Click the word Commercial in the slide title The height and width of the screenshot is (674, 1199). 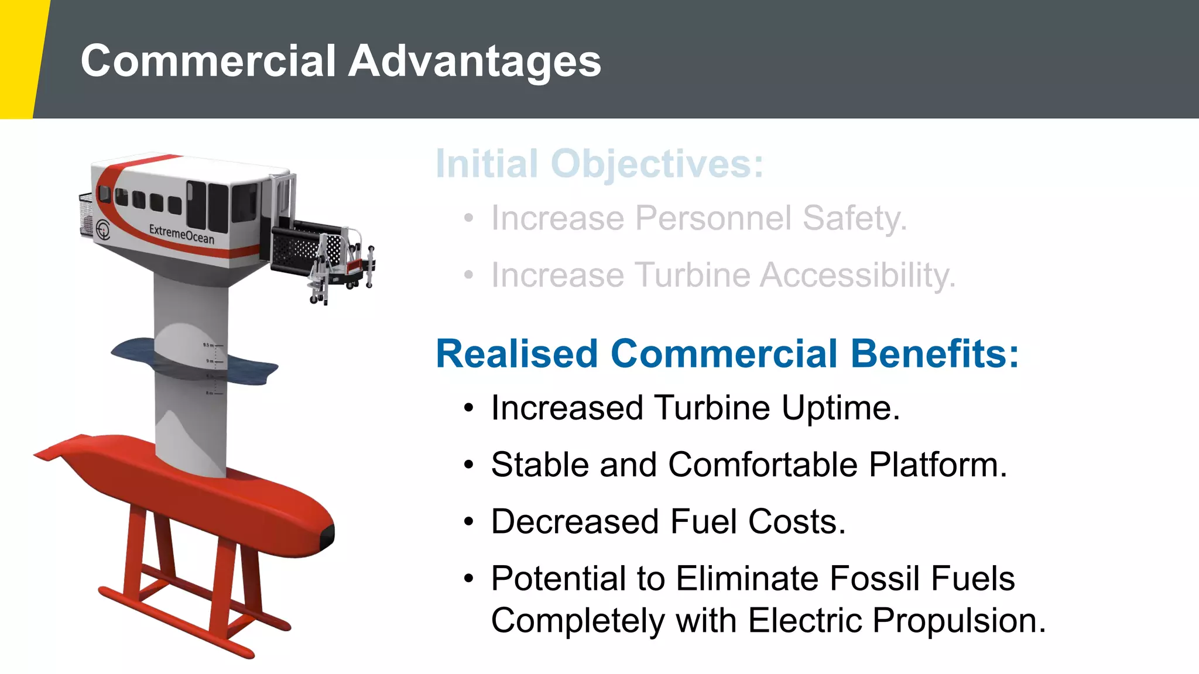click(x=208, y=61)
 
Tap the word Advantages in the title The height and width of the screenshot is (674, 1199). click(x=475, y=62)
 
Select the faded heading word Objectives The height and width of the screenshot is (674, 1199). click(x=657, y=164)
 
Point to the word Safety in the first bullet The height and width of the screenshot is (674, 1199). click(x=854, y=218)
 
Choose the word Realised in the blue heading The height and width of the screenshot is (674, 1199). click(x=518, y=354)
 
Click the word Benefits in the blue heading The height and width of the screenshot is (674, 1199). click(x=934, y=354)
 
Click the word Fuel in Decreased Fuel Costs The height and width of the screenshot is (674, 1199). click(x=703, y=522)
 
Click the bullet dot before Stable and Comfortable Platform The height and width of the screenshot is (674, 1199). click(x=468, y=466)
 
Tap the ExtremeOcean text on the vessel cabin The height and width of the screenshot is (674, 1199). click(x=181, y=233)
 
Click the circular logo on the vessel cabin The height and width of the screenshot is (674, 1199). click(x=103, y=229)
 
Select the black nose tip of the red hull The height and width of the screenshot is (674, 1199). click(x=328, y=535)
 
